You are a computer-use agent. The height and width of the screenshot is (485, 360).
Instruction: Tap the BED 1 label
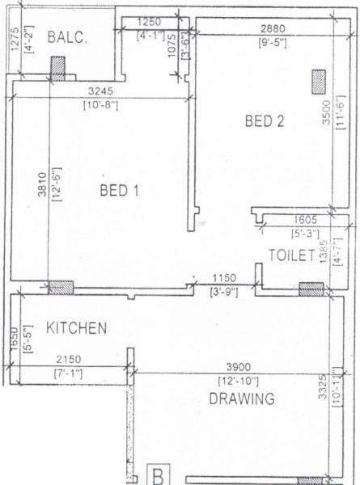click(x=120, y=191)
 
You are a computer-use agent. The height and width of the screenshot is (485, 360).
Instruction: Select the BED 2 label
click(x=265, y=122)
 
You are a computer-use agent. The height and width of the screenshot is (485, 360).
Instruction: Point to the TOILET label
click(x=291, y=256)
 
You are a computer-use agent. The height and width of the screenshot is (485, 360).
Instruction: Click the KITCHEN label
click(x=76, y=328)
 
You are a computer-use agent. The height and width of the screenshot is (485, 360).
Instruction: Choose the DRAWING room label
click(x=241, y=399)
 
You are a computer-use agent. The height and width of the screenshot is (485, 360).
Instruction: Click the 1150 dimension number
click(x=222, y=279)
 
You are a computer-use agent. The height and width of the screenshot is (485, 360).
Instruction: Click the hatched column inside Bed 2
click(x=319, y=81)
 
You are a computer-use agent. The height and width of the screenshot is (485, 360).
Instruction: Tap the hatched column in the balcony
click(x=58, y=68)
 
